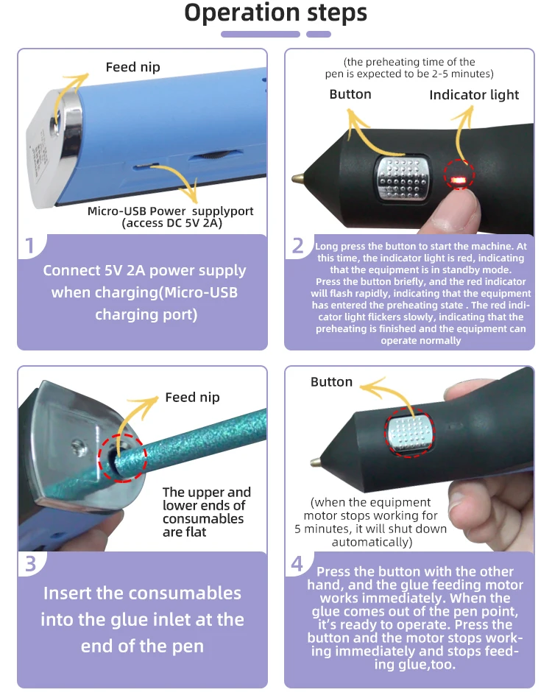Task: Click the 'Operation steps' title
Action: (x=275, y=14)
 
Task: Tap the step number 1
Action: (x=30, y=245)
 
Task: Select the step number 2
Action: (x=297, y=245)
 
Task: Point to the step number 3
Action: (x=30, y=563)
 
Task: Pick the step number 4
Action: (x=297, y=563)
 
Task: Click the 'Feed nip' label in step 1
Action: (x=132, y=67)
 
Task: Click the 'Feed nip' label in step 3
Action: (x=192, y=397)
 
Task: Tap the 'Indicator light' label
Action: (x=474, y=95)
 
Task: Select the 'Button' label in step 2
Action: (x=350, y=94)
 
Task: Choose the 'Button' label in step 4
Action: (x=331, y=382)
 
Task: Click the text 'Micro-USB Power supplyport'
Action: (x=170, y=211)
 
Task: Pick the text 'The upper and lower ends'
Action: (x=206, y=498)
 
